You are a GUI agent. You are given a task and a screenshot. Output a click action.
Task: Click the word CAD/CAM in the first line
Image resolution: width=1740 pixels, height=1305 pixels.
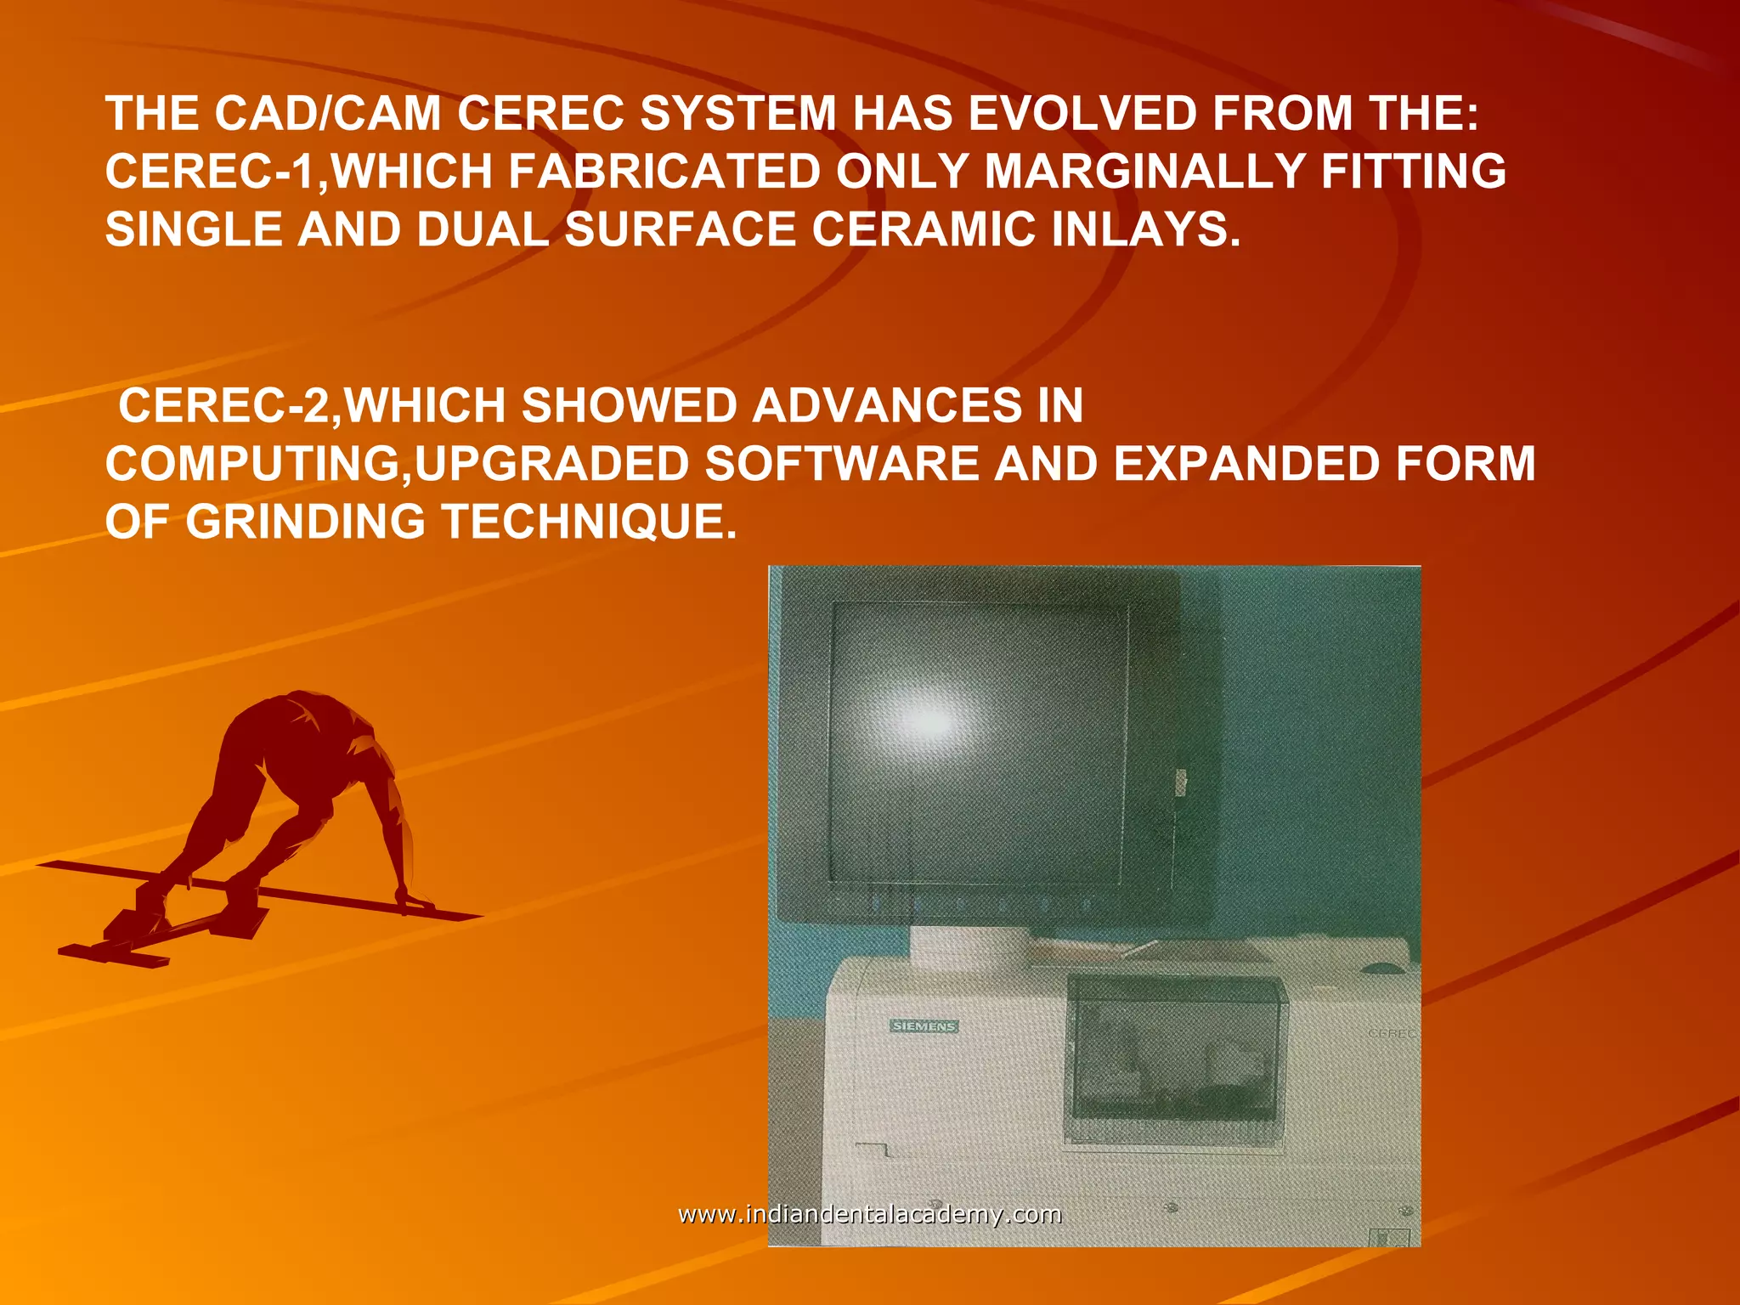[x=327, y=113]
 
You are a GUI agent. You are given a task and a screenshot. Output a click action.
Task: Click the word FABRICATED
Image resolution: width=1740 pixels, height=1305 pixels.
[x=664, y=171]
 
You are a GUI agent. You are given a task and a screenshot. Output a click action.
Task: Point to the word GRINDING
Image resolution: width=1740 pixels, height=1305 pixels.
[x=305, y=522]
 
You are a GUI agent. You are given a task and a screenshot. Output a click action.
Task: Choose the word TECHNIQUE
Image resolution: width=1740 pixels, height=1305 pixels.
[x=589, y=522]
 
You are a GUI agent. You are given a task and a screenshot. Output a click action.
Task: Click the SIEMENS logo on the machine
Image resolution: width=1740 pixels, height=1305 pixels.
[x=924, y=1026]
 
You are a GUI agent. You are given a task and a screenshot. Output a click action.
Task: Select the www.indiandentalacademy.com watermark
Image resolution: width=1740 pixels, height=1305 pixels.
[x=869, y=1214]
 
